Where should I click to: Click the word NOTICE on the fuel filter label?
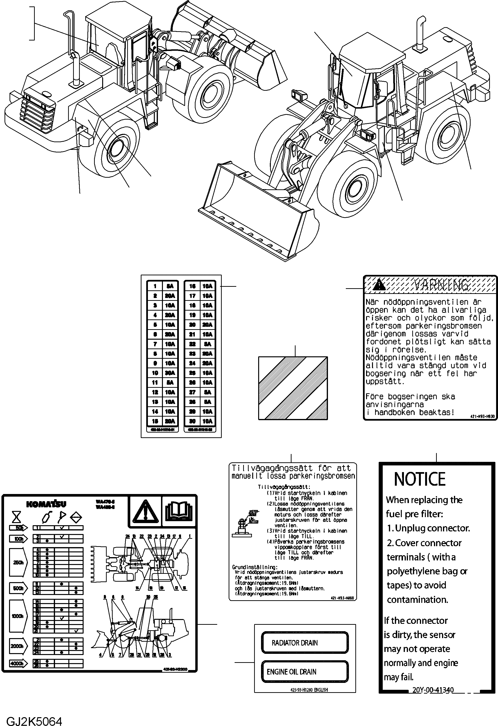tap(420, 479)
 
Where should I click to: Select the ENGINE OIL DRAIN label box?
tap(305, 671)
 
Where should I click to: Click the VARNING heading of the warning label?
tap(441, 285)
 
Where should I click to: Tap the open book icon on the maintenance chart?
tap(179, 511)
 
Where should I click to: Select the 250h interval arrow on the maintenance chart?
tap(18, 562)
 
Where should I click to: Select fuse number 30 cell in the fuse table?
tap(192, 421)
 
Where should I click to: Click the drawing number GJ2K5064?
tap(34, 719)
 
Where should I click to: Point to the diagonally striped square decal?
tap(293, 388)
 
